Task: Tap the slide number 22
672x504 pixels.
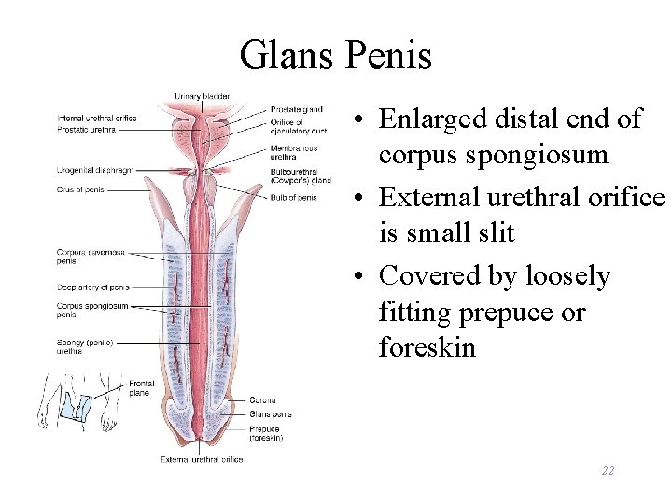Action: (x=608, y=471)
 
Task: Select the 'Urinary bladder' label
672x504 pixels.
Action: (x=202, y=96)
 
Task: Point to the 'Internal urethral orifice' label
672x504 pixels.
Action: (x=97, y=119)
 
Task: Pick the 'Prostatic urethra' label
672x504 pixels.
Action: (x=87, y=130)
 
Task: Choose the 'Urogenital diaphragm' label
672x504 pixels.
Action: (x=94, y=171)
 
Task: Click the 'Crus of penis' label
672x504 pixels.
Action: (x=79, y=189)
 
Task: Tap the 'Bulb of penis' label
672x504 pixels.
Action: (x=294, y=198)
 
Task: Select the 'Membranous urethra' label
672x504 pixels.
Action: (x=294, y=152)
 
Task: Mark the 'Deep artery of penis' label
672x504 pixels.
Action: (x=93, y=287)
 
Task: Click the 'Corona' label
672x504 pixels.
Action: (x=262, y=400)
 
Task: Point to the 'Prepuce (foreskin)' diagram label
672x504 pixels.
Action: (x=267, y=433)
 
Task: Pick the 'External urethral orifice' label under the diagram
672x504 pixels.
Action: (x=202, y=459)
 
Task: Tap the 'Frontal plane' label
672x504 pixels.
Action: (x=142, y=388)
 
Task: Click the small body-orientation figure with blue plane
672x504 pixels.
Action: (x=69, y=401)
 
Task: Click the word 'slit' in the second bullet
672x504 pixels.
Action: (x=496, y=232)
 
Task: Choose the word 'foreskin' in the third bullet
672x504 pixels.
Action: (x=427, y=348)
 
